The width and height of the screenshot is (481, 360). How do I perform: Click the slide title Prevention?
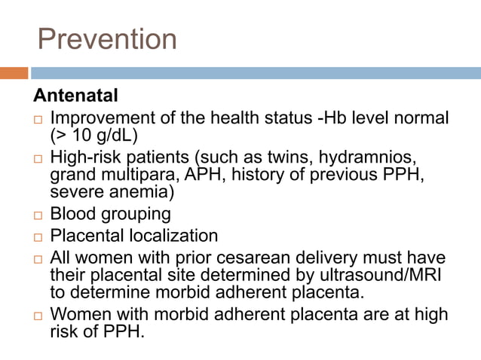point(107,39)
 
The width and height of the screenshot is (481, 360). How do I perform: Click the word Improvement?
point(101,119)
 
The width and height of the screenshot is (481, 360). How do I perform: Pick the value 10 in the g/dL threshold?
point(81,136)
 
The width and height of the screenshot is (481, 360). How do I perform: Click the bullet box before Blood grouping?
point(38,215)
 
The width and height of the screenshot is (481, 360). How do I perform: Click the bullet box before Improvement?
point(38,120)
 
